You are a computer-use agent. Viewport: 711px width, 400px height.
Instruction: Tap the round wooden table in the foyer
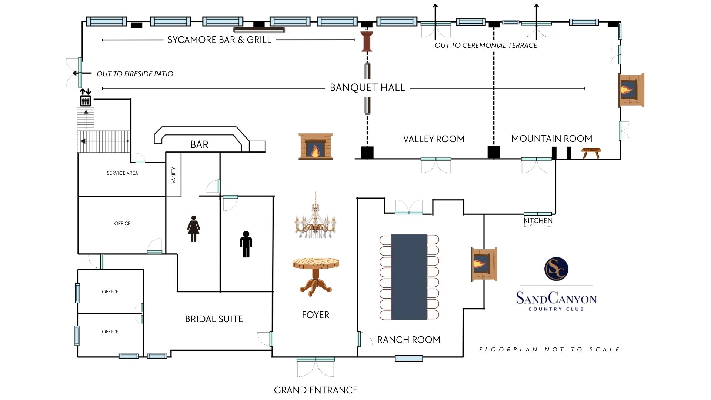tap(316, 276)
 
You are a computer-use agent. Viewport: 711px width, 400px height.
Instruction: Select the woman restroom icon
tap(193, 229)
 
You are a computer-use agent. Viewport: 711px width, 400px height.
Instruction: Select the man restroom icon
tap(246, 244)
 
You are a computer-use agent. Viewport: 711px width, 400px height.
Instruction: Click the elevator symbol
tap(86, 100)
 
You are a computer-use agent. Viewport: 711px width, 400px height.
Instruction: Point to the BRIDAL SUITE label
tap(214, 319)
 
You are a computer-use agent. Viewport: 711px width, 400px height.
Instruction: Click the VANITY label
tap(173, 175)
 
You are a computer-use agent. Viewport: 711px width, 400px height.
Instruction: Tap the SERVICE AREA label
tap(122, 173)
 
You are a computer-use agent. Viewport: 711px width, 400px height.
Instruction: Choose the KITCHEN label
tap(538, 221)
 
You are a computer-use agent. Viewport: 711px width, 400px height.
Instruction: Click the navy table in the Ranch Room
tap(409, 277)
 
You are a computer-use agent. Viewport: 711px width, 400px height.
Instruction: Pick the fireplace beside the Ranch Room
tap(484, 264)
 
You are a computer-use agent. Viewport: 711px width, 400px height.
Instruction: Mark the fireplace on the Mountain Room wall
tap(631, 90)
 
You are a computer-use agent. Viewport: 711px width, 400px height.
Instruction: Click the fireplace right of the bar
tap(316, 147)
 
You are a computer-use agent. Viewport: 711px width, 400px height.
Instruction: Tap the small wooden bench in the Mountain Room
tap(591, 152)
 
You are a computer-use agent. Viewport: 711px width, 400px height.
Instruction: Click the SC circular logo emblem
tap(556, 269)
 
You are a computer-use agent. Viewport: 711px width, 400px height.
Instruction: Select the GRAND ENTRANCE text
tap(316, 390)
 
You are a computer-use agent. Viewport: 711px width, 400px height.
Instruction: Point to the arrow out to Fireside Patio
tap(82, 73)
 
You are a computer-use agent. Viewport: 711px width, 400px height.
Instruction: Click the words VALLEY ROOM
tap(434, 139)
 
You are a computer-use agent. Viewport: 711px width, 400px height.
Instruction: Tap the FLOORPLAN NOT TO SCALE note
tap(549, 349)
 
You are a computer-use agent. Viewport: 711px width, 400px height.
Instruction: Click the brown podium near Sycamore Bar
tap(367, 41)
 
